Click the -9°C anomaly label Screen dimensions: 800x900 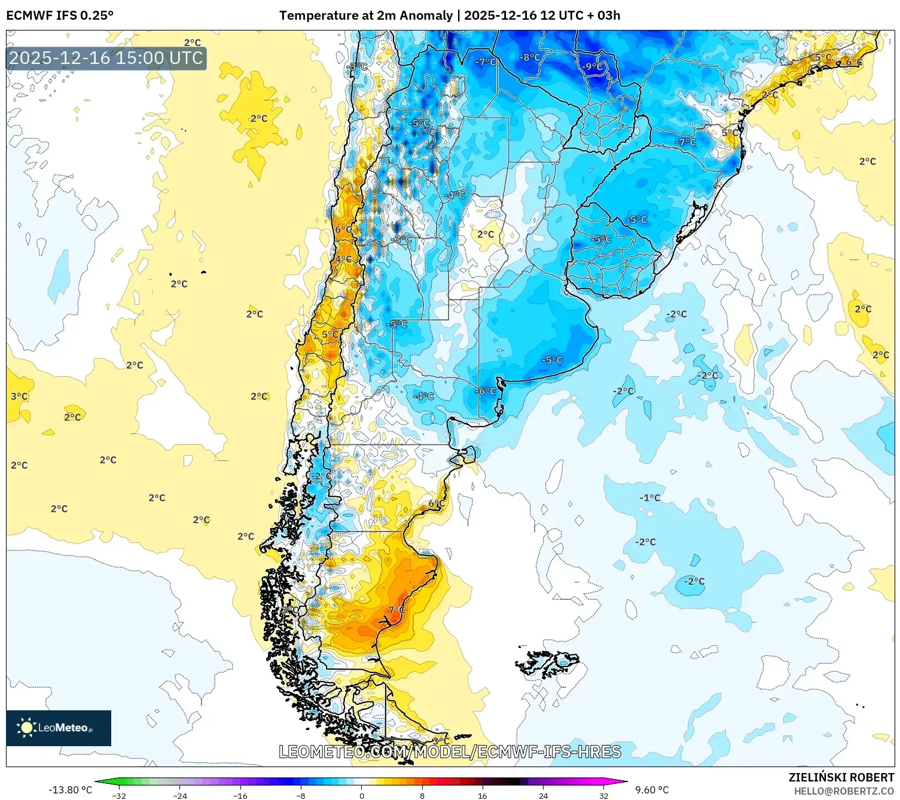click(593, 66)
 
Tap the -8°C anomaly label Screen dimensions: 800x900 click(530, 57)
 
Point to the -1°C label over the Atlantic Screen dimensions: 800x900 click(649, 497)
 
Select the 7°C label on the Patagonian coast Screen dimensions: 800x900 click(396, 610)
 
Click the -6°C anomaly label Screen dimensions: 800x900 click(486, 391)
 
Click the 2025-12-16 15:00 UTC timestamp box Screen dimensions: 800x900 click(106, 58)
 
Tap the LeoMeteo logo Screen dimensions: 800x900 click(59, 728)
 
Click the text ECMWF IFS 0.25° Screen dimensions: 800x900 click(60, 16)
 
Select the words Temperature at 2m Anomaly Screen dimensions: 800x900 click(365, 16)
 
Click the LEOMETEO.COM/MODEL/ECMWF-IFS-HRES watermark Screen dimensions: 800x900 click(450, 752)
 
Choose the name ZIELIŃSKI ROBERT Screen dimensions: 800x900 click(841, 777)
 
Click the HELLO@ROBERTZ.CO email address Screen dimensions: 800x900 click(843, 791)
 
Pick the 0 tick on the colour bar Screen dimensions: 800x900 click(362, 796)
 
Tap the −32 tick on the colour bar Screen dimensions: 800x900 click(119, 796)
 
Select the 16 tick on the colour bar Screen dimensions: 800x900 click(483, 796)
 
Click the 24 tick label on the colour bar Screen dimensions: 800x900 click(543, 796)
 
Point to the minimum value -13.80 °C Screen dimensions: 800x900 click(70, 790)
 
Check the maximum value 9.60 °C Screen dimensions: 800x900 click(652, 790)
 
